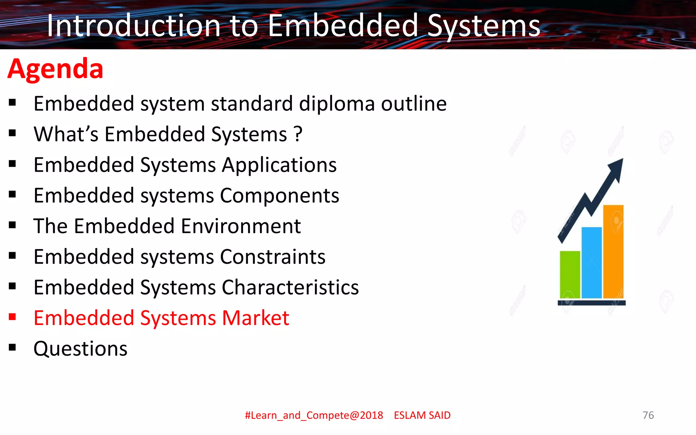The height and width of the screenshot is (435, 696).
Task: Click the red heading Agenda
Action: pyautogui.click(x=55, y=69)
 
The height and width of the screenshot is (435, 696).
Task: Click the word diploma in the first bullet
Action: pyautogui.click(x=336, y=104)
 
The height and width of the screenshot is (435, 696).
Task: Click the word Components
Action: pyautogui.click(x=279, y=196)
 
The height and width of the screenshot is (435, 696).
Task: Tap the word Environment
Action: pyautogui.click(x=241, y=226)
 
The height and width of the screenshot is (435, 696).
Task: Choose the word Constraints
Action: pyautogui.click(x=273, y=257)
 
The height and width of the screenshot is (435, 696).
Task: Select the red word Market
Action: pyautogui.click(x=255, y=318)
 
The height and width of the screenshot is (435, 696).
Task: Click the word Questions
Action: pyautogui.click(x=81, y=349)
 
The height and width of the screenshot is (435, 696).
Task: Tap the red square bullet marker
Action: pyautogui.click(x=13, y=317)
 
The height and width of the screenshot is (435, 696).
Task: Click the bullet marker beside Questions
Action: pyautogui.click(x=13, y=347)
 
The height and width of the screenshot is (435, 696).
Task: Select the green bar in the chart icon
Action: pyautogui.click(x=570, y=275)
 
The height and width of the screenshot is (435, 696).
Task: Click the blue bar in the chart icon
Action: pyautogui.click(x=592, y=263)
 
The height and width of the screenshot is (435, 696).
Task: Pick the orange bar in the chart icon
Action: pyautogui.click(x=613, y=251)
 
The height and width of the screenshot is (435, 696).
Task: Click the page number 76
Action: pyautogui.click(x=648, y=415)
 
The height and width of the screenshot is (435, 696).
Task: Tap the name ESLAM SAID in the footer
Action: pyautogui.click(x=422, y=415)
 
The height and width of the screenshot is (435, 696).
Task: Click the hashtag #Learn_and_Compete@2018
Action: pyautogui.click(x=314, y=415)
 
